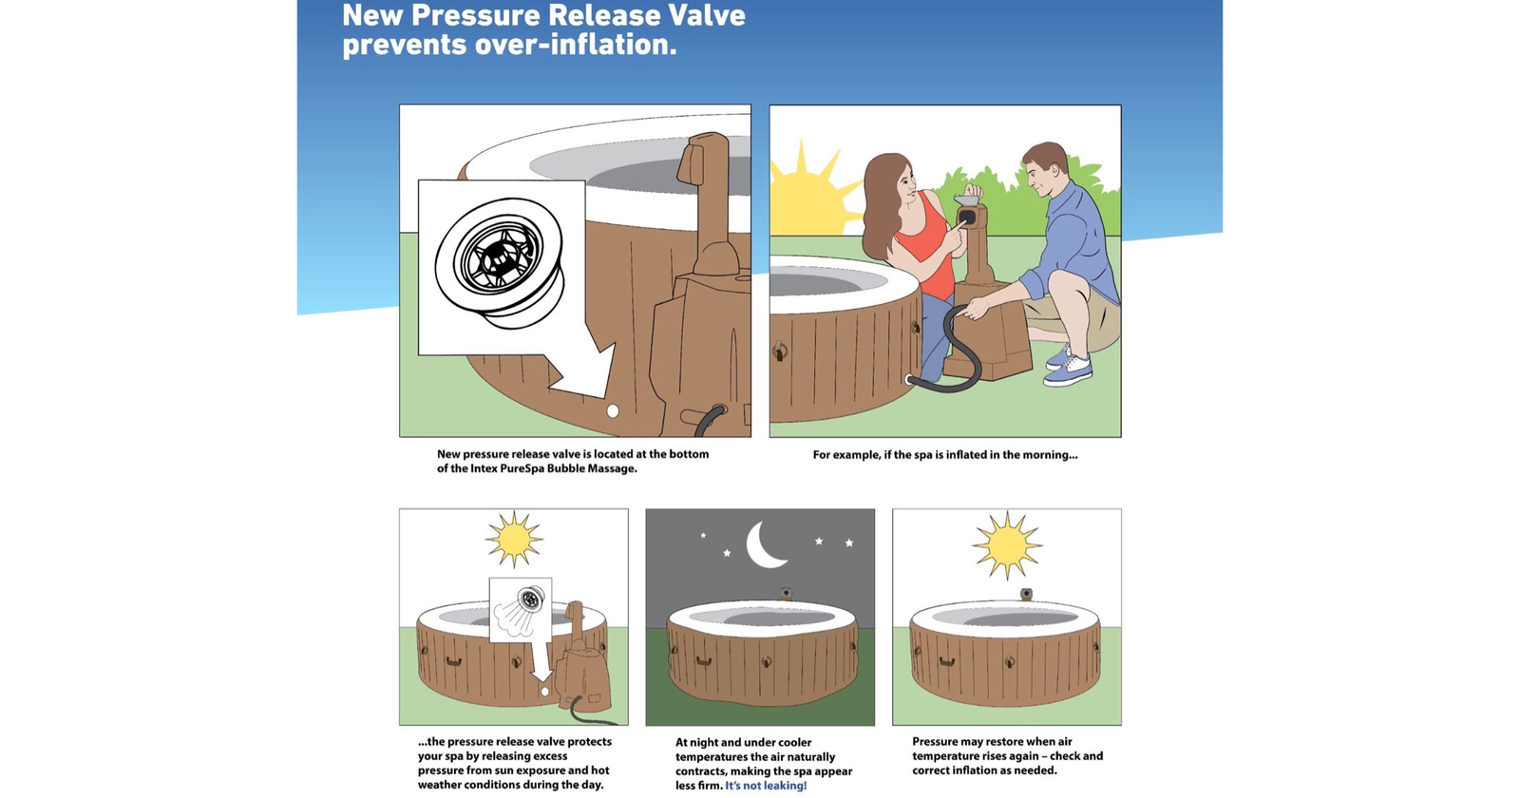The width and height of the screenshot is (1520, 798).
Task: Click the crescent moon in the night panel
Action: (759, 547)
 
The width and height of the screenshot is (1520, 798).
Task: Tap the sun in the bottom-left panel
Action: (514, 539)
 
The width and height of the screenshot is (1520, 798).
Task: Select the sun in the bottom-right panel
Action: (1007, 544)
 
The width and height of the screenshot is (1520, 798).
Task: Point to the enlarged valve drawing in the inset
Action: (500, 262)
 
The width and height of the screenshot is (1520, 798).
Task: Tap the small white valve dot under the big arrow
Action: (612, 410)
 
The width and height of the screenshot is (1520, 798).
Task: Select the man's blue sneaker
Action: (1068, 370)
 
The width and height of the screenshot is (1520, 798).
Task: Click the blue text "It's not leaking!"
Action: (766, 786)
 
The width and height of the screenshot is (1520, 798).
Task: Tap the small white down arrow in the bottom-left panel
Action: (541, 661)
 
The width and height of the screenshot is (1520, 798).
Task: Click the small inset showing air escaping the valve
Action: (521, 609)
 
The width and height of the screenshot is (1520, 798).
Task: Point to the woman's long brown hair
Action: (882, 203)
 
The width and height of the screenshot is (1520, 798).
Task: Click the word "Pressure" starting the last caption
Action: (935, 742)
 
